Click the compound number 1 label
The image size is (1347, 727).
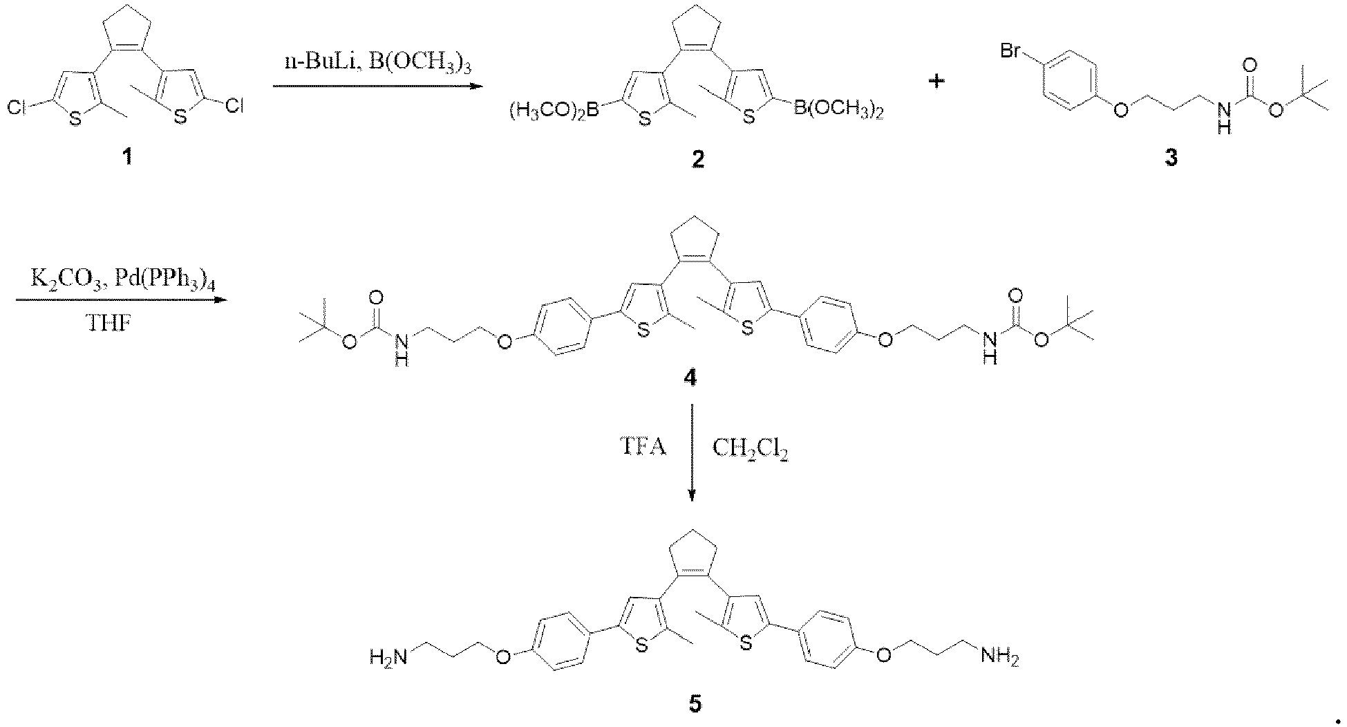[x=127, y=158]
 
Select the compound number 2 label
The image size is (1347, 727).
[x=698, y=159]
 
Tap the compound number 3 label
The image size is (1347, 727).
[x=1171, y=158]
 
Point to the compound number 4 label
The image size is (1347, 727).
[x=689, y=378]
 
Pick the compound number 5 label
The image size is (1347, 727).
[x=695, y=704]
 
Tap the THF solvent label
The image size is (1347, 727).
[x=110, y=322]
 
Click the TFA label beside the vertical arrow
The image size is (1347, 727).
[x=642, y=448]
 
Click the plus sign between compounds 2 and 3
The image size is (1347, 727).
[x=937, y=81]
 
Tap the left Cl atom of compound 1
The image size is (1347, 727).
[x=18, y=107]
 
